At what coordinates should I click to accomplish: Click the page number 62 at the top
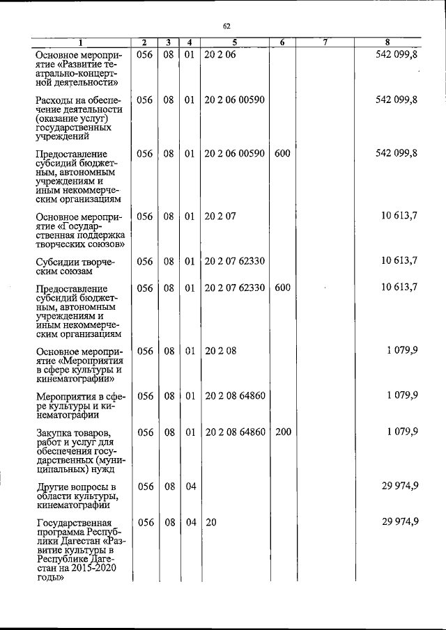click(226, 26)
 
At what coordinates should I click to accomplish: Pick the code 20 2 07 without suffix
click(222, 216)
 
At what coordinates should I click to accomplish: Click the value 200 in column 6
click(283, 432)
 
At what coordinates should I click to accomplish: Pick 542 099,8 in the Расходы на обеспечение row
click(396, 100)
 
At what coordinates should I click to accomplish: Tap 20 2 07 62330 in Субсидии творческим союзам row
click(235, 261)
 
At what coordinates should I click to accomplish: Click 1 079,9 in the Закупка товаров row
click(402, 432)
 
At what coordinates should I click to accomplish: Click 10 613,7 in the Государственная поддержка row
click(399, 216)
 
